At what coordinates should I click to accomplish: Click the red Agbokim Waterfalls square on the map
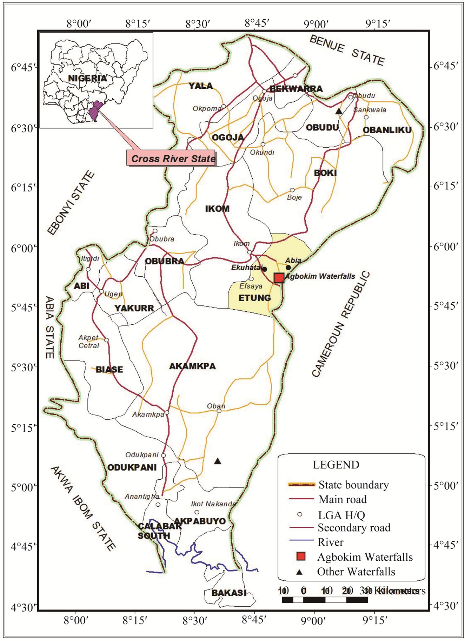(x=279, y=278)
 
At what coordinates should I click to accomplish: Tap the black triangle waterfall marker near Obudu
(x=339, y=112)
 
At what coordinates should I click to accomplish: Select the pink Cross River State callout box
(x=172, y=158)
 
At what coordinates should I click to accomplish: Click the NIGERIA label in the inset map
(x=87, y=78)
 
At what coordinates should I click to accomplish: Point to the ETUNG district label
(x=255, y=298)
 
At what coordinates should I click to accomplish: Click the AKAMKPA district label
(x=192, y=366)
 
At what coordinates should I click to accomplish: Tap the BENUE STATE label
(x=347, y=50)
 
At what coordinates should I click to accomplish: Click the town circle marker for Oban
(x=219, y=411)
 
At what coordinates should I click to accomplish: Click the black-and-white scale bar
(x=325, y=600)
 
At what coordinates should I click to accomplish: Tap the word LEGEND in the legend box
(x=336, y=465)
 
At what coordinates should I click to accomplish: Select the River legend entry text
(x=331, y=542)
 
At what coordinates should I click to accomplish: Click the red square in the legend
(x=301, y=556)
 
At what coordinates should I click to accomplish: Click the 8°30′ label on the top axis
(x=198, y=24)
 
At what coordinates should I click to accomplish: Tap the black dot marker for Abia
(x=288, y=268)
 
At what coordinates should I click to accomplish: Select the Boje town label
(x=294, y=197)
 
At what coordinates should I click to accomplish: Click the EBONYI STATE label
(x=71, y=203)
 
